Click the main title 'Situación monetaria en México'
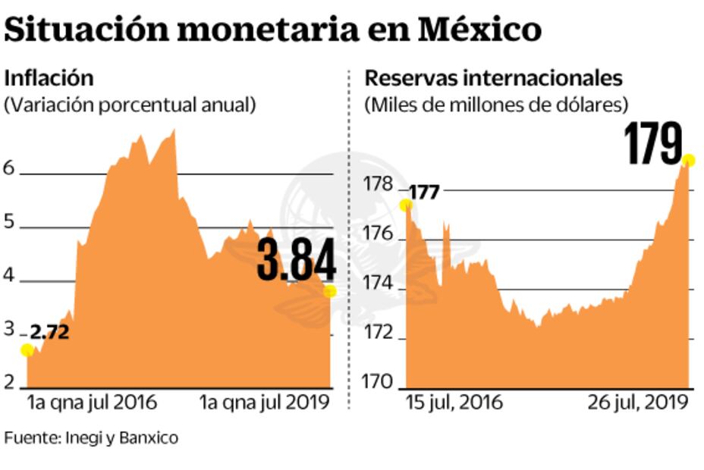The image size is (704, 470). pos(273,30)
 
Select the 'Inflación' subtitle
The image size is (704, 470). pos(49,77)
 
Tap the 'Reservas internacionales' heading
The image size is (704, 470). pos(494,77)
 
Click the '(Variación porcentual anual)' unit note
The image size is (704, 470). pos(130,105)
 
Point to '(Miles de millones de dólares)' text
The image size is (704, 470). pos(497,105)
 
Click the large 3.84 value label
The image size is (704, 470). pos(296,259)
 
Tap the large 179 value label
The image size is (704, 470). pos(653,145)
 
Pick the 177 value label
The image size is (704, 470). pos(425,193)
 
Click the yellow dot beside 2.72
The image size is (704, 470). pos(27,349)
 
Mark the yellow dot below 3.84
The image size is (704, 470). pos(329,292)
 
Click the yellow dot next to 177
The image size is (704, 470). pos(406,205)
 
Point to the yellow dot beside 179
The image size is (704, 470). pos(688,160)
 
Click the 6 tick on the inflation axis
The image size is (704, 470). pos(9,168)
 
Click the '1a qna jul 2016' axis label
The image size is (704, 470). pos(92,401)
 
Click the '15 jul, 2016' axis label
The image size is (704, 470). pos(454,401)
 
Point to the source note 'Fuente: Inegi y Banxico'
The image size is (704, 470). pos(91,437)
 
